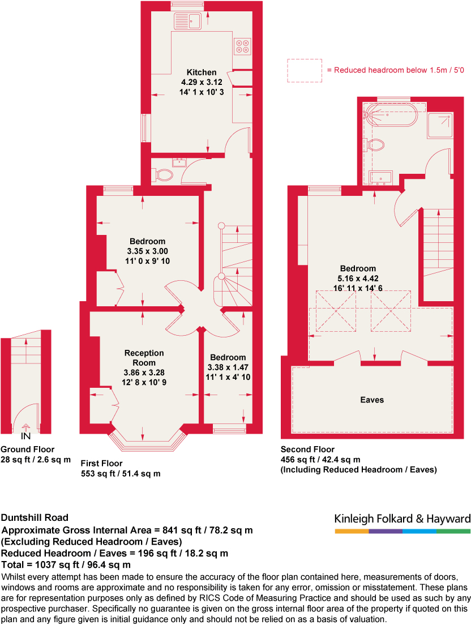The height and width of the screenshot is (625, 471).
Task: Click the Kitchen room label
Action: point(202,72)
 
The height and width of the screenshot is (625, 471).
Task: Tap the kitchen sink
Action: point(188,22)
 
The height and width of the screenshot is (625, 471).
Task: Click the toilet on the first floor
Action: point(164,175)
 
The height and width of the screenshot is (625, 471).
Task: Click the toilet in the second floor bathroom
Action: point(376,145)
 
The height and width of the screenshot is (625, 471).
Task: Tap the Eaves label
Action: point(372,400)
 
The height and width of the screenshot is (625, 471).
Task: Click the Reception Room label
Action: point(144,358)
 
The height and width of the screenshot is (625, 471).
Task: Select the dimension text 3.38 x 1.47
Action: point(228,366)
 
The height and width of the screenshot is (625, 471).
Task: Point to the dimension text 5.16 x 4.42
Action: point(358,278)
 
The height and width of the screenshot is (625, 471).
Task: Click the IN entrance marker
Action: point(25,436)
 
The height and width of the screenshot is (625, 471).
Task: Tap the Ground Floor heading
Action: point(28,450)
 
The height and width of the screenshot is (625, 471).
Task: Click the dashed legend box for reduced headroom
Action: point(305,71)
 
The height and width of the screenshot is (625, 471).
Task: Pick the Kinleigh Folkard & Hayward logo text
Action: point(403,519)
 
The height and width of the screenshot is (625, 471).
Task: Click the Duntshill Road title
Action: point(35,517)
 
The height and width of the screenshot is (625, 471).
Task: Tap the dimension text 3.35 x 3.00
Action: point(147,251)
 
